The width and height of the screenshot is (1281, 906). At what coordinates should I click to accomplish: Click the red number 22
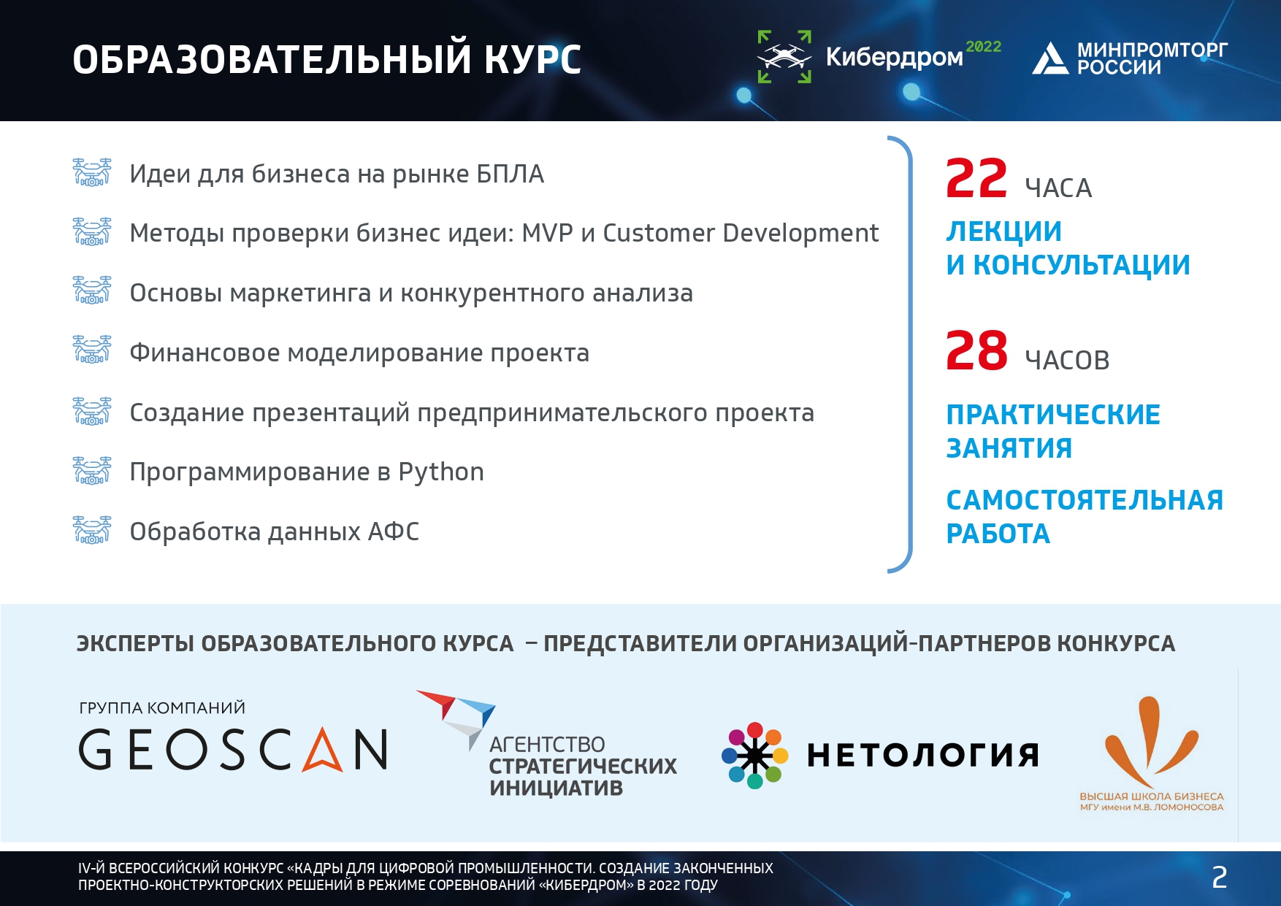coord(976,179)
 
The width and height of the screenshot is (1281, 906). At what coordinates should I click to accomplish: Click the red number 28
coord(976,351)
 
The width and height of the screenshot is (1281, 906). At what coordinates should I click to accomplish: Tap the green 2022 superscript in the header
coord(983,47)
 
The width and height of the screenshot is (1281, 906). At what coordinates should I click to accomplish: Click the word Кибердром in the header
coord(894,57)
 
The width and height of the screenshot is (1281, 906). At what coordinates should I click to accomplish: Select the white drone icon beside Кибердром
coord(784,56)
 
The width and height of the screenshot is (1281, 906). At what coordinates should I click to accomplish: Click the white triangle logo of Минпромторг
coord(1050,58)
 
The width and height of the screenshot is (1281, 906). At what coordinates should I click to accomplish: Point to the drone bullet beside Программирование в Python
coord(92,471)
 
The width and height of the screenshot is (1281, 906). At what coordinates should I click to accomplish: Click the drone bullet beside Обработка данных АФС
coord(92,530)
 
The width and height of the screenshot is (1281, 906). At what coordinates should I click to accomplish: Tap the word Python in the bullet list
coord(441,473)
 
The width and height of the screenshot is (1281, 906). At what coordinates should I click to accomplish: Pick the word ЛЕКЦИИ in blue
coord(1004,231)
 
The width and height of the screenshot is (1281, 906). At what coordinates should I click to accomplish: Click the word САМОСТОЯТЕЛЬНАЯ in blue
coord(1085,500)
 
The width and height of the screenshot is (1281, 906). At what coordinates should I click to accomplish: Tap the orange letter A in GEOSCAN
coord(323,750)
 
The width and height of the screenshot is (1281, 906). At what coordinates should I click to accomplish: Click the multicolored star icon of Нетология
coord(755,756)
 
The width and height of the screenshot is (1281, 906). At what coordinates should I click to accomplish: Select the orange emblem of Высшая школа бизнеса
coord(1151,742)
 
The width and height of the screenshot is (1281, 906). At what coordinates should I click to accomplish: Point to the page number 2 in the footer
coord(1219,878)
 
